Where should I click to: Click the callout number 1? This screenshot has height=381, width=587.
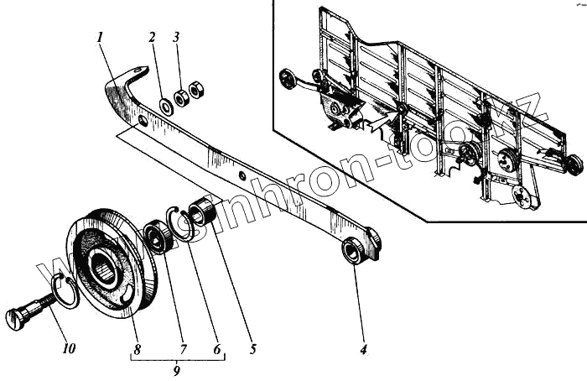coord(99,39)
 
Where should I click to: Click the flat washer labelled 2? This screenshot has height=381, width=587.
coord(166,107)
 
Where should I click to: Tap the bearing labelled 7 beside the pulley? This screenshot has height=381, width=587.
coord(158,236)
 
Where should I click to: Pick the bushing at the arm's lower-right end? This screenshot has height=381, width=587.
coord(354,249)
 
